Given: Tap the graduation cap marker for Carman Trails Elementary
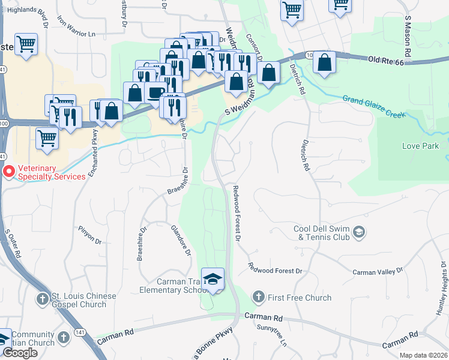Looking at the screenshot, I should (212, 280).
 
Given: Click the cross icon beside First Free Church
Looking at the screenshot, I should (258, 296).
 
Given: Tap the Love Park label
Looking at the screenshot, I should (420, 146).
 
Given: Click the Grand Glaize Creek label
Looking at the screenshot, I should (373, 107).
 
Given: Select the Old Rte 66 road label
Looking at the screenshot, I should (390, 60).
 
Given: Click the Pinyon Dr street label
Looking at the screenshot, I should (90, 235).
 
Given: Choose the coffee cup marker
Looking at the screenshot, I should (155, 93).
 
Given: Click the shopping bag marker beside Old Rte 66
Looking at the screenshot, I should (324, 62).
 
